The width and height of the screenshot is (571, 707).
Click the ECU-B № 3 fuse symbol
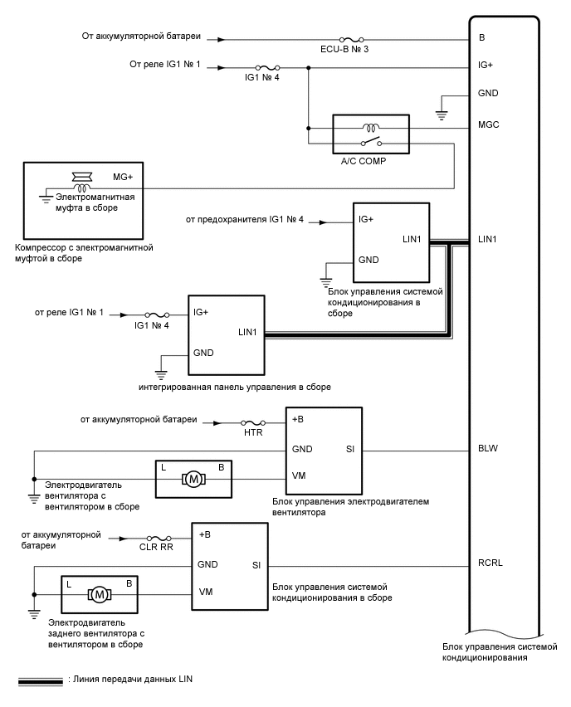(349, 39)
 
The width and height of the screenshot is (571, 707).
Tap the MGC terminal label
(488, 125)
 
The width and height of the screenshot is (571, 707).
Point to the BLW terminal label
(488, 449)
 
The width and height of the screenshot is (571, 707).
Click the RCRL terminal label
(490, 564)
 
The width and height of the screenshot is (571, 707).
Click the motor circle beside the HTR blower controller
(193, 479)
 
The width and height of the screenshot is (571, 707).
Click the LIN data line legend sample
(40, 680)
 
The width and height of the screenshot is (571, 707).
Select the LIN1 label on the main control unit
(489, 241)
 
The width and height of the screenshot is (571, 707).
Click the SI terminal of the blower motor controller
(349, 449)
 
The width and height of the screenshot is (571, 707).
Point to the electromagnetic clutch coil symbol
(84, 188)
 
